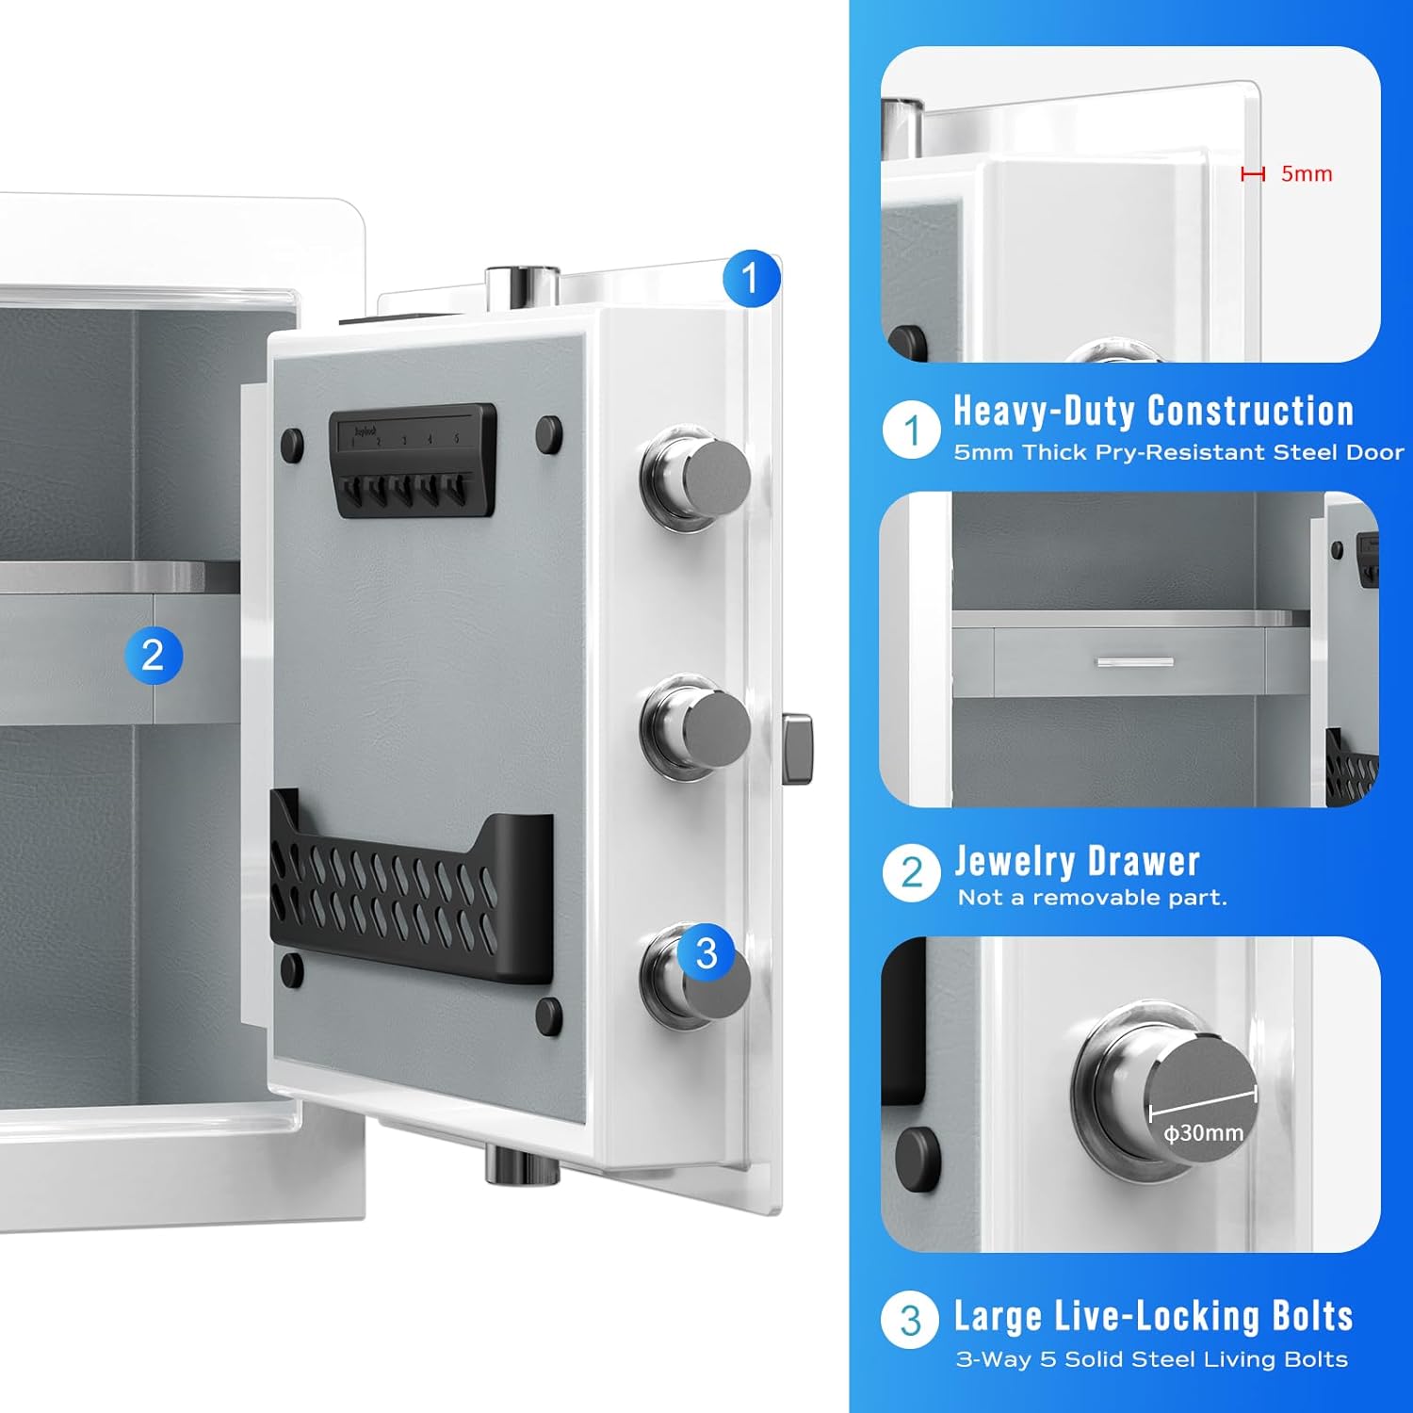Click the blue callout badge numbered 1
point(751,278)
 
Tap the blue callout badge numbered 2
point(154,655)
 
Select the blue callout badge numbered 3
point(706,953)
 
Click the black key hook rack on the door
point(413,461)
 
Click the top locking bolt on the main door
point(696,474)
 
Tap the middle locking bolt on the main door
point(696,726)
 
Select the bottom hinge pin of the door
point(523,1163)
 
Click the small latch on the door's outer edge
point(797,749)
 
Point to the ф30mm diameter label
point(1204,1133)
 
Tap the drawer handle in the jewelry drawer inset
point(1135,662)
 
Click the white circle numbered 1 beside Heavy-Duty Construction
point(911,430)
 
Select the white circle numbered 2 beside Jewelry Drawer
point(911,872)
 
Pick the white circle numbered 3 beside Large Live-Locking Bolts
point(910,1320)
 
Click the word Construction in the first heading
point(1251,411)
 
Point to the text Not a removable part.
point(1093,898)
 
